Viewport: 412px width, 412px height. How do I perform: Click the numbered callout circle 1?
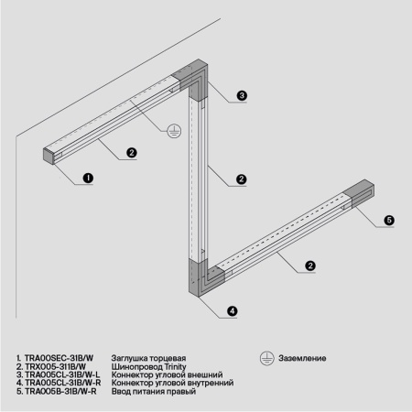(x=88, y=179)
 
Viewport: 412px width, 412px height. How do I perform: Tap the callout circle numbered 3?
(x=242, y=95)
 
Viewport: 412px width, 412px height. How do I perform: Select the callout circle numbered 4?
(x=232, y=311)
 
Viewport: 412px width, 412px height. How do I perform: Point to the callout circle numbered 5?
(x=388, y=220)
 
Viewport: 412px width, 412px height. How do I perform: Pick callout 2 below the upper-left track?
(x=132, y=152)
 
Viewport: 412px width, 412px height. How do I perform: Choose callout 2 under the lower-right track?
(x=310, y=266)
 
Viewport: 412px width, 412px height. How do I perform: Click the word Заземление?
(x=298, y=357)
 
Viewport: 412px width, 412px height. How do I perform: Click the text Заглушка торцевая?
(x=148, y=357)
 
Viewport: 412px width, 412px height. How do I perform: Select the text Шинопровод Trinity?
(x=148, y=366)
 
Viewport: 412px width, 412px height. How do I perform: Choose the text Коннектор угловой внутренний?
(x=171, y=383)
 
